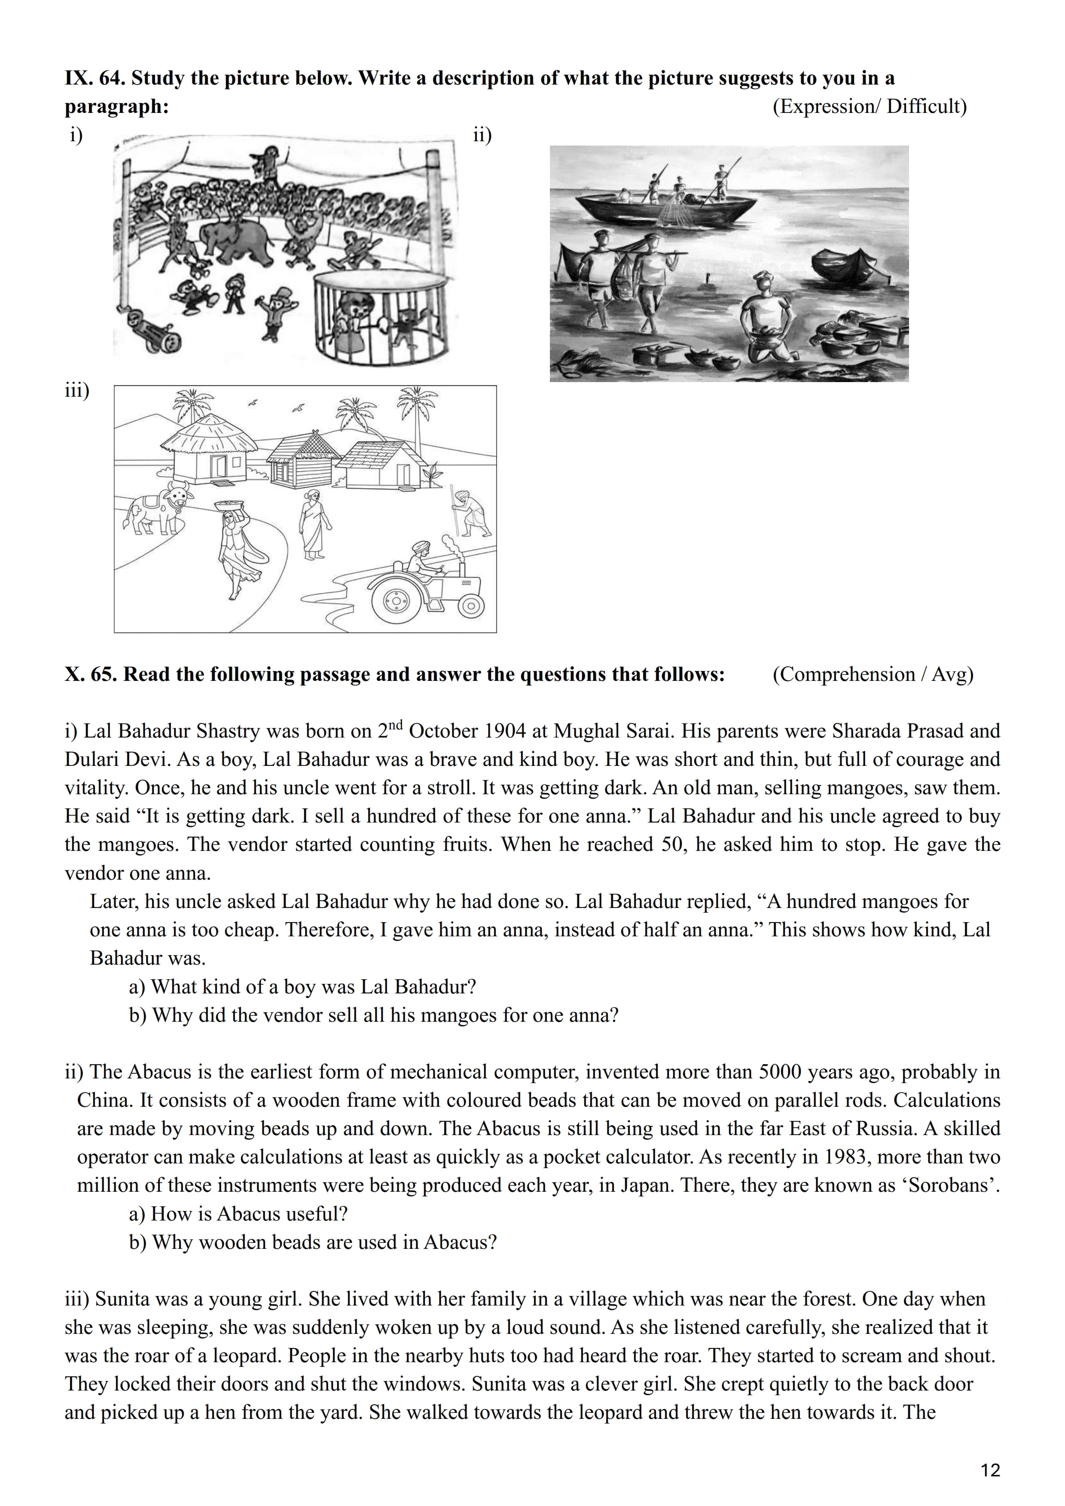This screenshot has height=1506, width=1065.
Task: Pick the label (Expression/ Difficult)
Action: pyautogui.click(x=870, y=106)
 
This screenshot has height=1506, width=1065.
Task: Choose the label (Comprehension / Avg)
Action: pyautogui.click(x=873, y=674)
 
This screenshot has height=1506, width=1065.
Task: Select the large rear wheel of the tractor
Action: pyautogui.click(x=396, y=599)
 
